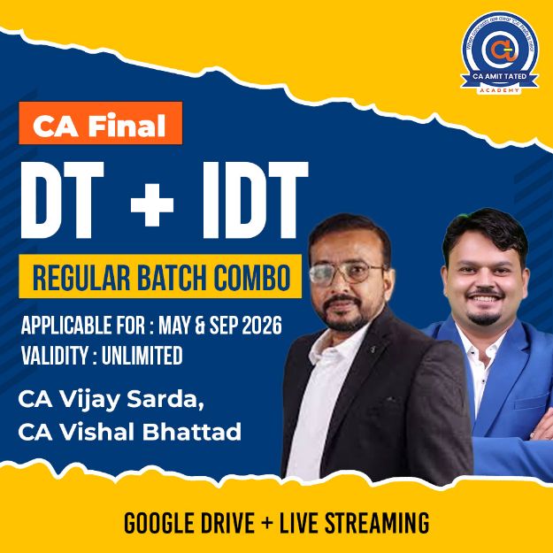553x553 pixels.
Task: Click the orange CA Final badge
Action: click(x=99, y=125)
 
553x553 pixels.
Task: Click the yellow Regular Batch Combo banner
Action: click(x=160, y=277)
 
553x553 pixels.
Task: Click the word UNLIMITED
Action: click(x=142, y=356)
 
